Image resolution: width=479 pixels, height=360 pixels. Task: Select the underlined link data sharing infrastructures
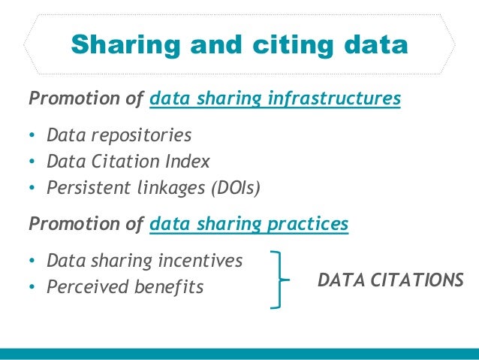(275, 98)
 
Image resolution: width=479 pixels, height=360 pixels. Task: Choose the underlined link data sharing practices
(249, 224)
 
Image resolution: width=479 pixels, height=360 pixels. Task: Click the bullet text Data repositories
(119, 135)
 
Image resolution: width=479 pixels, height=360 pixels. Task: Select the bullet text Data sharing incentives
(144, 261)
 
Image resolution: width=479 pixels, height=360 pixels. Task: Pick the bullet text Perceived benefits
(125, 286)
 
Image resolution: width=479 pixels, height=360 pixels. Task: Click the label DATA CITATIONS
(390, 280)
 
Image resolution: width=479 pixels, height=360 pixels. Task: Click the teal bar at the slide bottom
(239, 353)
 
